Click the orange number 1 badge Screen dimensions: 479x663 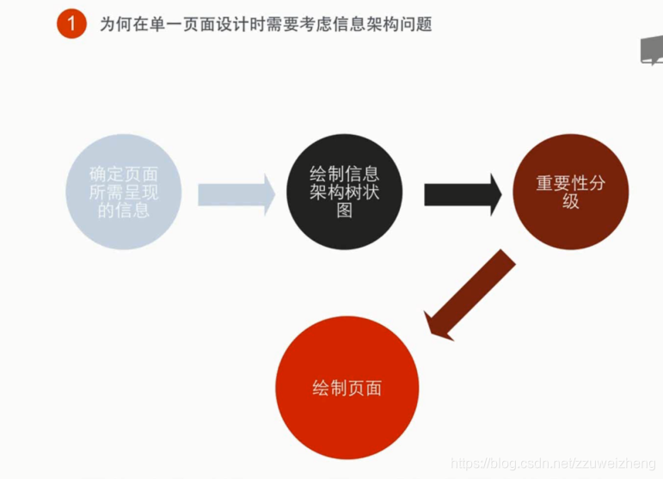click(x=72, y=24)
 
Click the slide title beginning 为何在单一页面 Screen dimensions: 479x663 click(x=266, y=25)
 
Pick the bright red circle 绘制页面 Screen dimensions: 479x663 click(x=347, y=388)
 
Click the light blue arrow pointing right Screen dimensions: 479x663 click(x=236, y=193)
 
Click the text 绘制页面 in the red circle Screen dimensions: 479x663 click(x=347, y=389)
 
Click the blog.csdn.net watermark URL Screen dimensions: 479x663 click(x=555, y=464)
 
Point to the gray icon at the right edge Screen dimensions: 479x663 click(x=652, y=51)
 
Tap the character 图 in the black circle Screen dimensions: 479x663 click(x=344, y=211)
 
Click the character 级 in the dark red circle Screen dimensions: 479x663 click(x=570, y=202)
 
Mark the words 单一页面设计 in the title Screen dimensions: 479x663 click(x=191, y=25)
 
